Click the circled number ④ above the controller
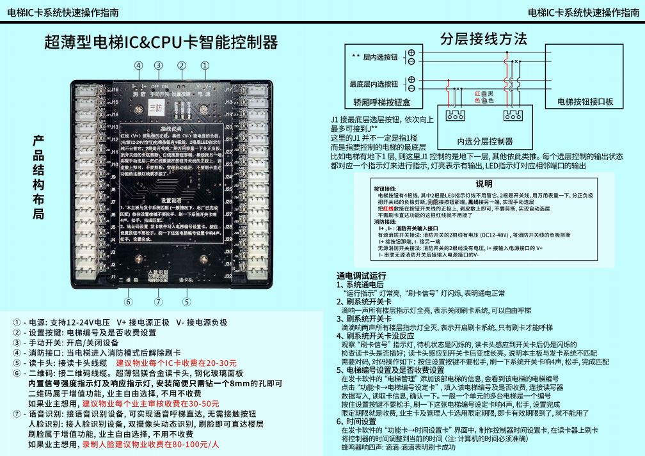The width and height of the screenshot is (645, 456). click(x=138, y=65)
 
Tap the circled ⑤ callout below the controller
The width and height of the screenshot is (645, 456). click(x=186, y=302)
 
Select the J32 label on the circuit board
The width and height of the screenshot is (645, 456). click(x=227, y=276)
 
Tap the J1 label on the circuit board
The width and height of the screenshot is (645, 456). click(x=114, y=276)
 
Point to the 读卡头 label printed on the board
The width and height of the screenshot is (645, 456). click(x=186, y=280)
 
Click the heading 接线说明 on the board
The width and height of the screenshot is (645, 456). click(x=171, y=129)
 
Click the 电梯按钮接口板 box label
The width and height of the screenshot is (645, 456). click(x=585, y=102)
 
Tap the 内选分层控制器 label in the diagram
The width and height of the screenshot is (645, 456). click(x=484, y=141)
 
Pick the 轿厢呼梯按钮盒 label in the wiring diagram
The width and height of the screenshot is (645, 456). click(x=381, y=102)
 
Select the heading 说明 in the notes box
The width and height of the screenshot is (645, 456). click(x=484, y=184)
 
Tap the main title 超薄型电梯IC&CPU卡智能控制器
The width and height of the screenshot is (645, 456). click(x=161, y=43)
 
